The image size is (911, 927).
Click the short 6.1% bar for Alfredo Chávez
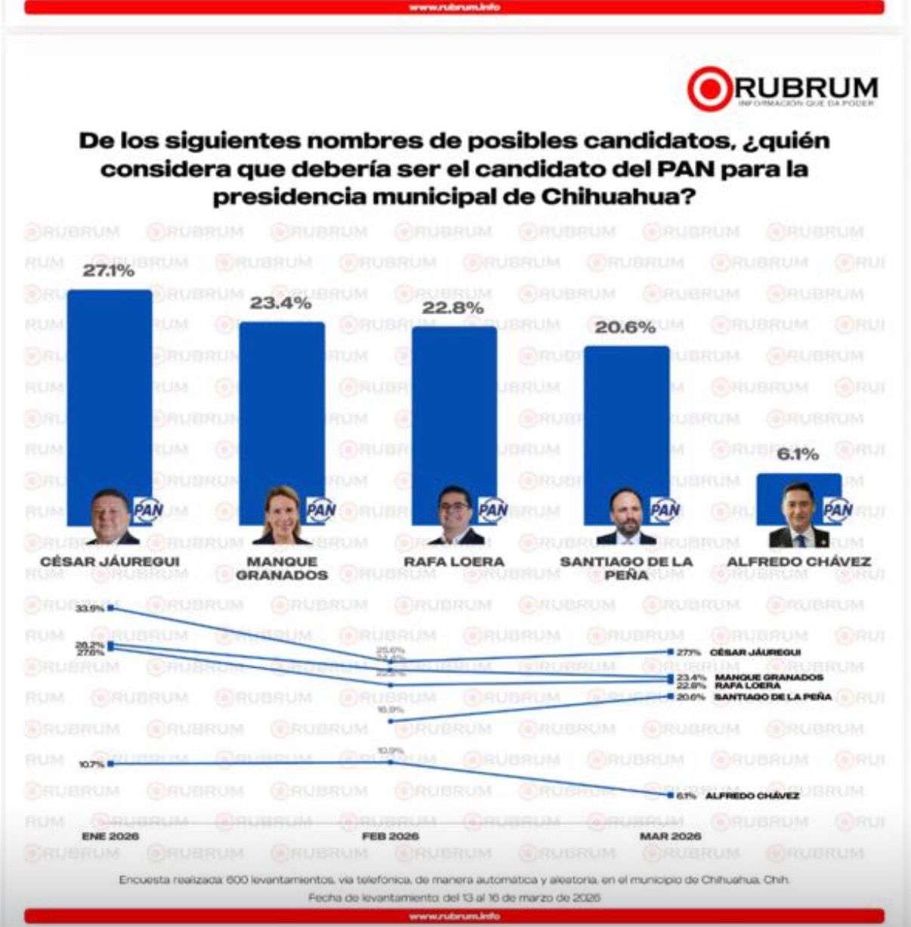coord(798,487)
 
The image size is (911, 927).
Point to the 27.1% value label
coord(108,271)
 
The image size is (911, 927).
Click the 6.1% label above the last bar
coord(798,454)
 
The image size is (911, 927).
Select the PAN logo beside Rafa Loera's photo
coord(494,509)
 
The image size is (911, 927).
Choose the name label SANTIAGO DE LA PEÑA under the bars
coord(626,568)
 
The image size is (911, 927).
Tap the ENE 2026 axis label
coord(110,836)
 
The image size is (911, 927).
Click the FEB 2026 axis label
coord(390,836)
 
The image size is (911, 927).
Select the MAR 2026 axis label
coord(670,836)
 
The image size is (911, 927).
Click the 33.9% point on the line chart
coord(111,607)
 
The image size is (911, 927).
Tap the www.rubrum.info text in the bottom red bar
coord(455,916)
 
